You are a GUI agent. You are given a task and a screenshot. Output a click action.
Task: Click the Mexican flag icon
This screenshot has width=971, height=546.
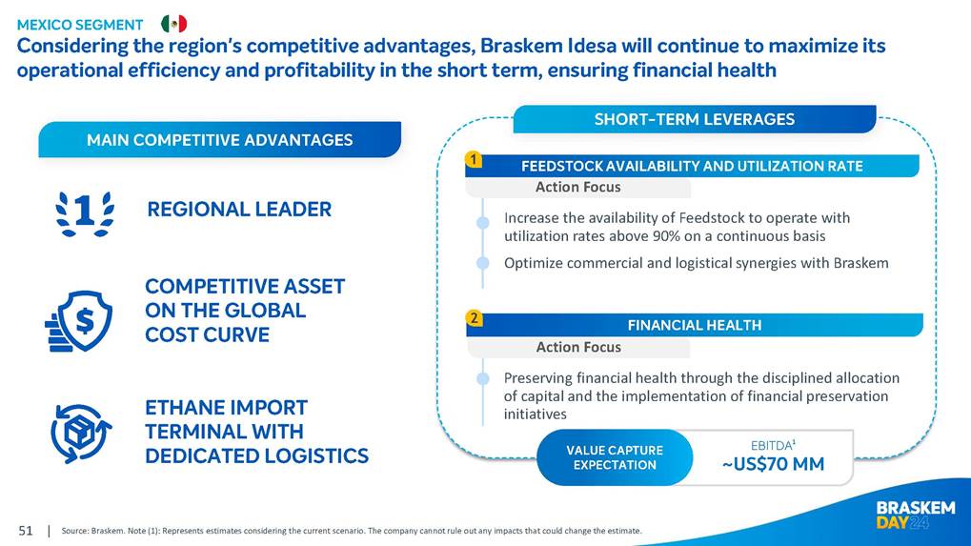pyautogui.click(x=174, y=24)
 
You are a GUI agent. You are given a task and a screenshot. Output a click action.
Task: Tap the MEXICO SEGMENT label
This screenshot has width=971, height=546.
pyautogui.click(x=80, y=25)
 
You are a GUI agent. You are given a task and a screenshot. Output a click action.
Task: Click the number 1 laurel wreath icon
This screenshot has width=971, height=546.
pyautogui.click(x=85, y=213)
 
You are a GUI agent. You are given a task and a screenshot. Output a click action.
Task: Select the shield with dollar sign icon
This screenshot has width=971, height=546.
pyautogui.click(x=79, y=321)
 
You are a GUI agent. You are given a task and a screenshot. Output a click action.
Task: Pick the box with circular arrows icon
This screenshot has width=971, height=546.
pyautogui.click(x=80, y=434)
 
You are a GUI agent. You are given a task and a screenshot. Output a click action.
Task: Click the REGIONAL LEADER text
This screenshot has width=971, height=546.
pyautogui.click(x=239, y=210)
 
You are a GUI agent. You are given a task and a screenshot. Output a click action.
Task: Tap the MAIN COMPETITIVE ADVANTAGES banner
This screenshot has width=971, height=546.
pyautogui.click(x=220, y=140)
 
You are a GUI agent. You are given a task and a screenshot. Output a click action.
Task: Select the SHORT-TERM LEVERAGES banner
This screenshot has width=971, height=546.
pyautogui.click(x=695, y=119)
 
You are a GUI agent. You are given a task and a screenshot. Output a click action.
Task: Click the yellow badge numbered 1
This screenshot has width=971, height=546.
pyautogui.click(x=474, y=160)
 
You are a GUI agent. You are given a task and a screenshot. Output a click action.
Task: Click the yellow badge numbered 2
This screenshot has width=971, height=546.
pyautogui.click(x=474, y=318)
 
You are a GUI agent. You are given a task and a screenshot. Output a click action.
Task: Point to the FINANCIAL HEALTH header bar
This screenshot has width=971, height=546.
pyautogui.click(x=695, y=325)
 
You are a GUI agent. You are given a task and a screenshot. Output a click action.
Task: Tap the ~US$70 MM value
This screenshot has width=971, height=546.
pyautogui.click(x=773, y=464)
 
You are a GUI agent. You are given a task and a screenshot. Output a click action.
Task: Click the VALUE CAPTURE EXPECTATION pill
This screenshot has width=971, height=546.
pyautogui.click(x=615, y=457)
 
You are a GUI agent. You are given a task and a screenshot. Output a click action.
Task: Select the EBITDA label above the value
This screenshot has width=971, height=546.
pyautogui.click(x=773, y=445)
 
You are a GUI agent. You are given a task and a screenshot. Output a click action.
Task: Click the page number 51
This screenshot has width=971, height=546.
pyautogui.click(x=26, y=531)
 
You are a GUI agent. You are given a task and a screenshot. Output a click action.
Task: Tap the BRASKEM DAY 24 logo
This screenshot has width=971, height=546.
pyautogui.click(x=916, y=516)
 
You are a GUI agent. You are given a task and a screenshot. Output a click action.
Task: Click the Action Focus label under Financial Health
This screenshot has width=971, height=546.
pyautogui.click(x=578, y=347)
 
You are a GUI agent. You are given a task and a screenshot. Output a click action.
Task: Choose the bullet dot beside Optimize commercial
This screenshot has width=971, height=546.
pyautogui.click(x=483, y=263)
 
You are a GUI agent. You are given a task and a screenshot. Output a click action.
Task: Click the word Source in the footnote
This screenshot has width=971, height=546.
pyautogui.click(x=74, y=531)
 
